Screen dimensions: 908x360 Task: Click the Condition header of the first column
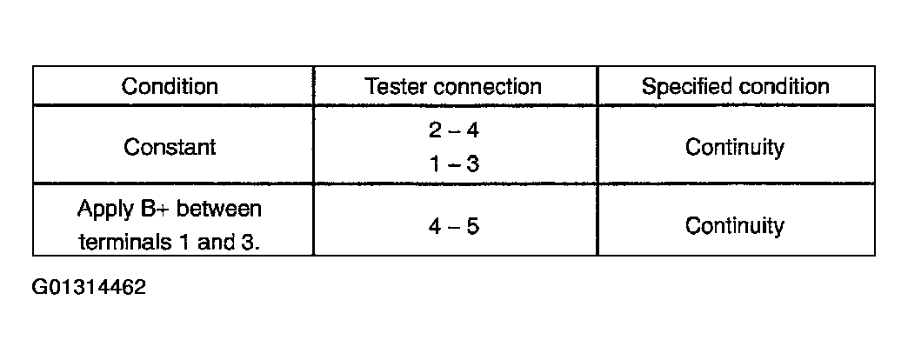[170, 87]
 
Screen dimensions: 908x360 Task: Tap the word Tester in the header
[395, 87]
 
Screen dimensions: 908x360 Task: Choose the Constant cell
[170, 147]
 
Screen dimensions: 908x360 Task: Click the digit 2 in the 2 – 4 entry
[435, 130]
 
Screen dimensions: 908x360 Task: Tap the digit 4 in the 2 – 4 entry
[472, 130]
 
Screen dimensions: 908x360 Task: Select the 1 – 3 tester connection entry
[454, 165]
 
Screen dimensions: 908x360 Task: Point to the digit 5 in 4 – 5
[473, 226]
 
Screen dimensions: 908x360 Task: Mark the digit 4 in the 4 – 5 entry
[435, 226]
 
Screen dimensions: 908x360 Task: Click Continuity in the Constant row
[735, 147]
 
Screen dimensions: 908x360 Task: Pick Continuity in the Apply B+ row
[735, 225]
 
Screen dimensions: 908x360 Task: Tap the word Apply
[105, 210]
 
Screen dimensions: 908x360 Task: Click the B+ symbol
[155, 209]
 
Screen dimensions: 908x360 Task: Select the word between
[219, 209]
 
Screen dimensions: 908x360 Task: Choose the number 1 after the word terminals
[183, 243]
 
